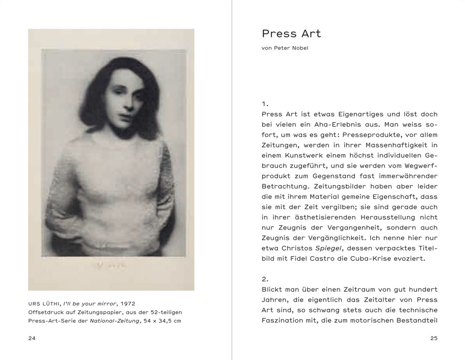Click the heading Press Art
point(291,33)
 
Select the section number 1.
point(264,104)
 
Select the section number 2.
point(265,279)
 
